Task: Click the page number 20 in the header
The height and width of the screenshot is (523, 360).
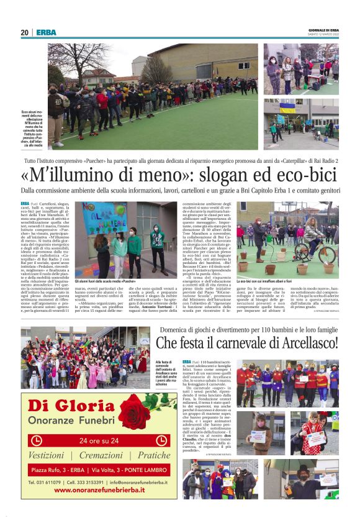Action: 25,32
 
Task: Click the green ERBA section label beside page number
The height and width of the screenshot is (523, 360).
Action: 46,32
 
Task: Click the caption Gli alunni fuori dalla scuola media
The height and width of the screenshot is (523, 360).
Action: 114,281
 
